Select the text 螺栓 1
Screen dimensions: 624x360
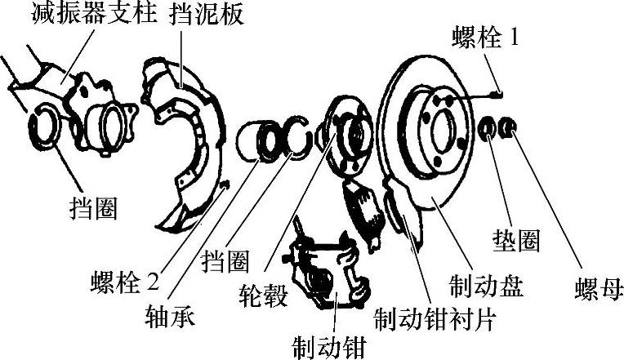click(x=488, y=37)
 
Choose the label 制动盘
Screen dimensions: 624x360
click(x=486, y=286)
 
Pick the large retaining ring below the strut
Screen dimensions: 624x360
click(x=43, y=127)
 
